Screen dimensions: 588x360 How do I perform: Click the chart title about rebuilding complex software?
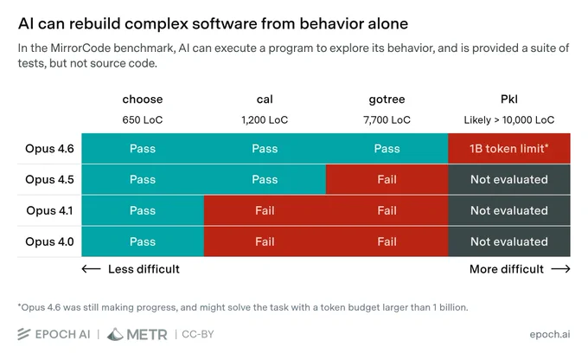pyautogui.click(x=213, y=23)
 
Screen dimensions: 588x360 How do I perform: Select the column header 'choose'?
pyautogui.click(x=143, y=100)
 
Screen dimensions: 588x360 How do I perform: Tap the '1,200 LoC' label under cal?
pyautogui.click(x=265, y=120)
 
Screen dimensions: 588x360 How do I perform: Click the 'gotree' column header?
pyautogui.click(x=387, y=100)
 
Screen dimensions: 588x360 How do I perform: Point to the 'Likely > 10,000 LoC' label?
pyautogui.click(x=508, y=120)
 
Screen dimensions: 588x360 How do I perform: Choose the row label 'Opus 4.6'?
pyautogui.click(x=49, y=149)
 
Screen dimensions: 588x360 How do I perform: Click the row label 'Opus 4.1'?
pyautogui.click(x=49, y=210)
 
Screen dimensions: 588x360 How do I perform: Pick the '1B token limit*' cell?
pyautogui.click(x=509, y=149)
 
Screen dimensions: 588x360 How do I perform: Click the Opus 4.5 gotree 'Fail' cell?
pyautogui.click(x=387, y=179)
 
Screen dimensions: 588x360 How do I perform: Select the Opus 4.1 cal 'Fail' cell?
pyautogui.click(x=265, y=210)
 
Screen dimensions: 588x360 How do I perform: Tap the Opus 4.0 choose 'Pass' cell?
pyautogui.click(x=143, y=241)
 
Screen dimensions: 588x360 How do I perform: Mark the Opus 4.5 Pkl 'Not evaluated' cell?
pyautogui.click(x=509, y=179)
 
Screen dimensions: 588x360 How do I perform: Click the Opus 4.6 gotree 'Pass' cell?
pyautogui.click(x=387, y=149)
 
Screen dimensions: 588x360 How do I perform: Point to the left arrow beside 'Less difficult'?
pyautogui.click(x=91, y=269)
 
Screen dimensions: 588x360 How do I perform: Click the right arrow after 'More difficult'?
pyautogui.click(x=560, y=269)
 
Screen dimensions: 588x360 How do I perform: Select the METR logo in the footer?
pyautogui.click(x=137, y=334)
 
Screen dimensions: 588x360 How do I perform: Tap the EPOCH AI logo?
pyautogui.click(x=54, y=334)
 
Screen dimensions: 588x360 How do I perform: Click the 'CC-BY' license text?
pyautogui.click(x=198, y=334)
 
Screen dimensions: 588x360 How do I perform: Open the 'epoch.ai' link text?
pyautogui.click(x=550, y=334)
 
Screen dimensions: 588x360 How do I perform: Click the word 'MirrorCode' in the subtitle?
pyautogui.click(x=80, y=48)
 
